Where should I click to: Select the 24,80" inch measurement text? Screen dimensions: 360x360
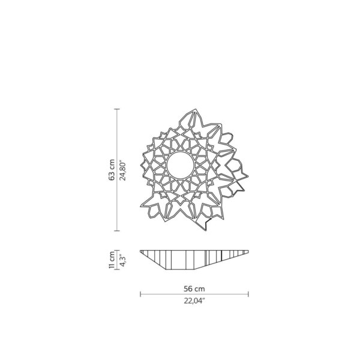tap(122, 170)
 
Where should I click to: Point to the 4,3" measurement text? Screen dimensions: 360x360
tap(122, 259)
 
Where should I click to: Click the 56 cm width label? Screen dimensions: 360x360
tap(194, 288)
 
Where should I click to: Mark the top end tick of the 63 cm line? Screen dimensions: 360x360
tap(118, 108)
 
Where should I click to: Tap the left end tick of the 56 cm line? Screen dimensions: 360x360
tap(140, 294)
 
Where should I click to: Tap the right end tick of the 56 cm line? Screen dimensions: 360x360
tap(248, 294)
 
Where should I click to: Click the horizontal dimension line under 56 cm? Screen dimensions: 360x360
tap(194, 294)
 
